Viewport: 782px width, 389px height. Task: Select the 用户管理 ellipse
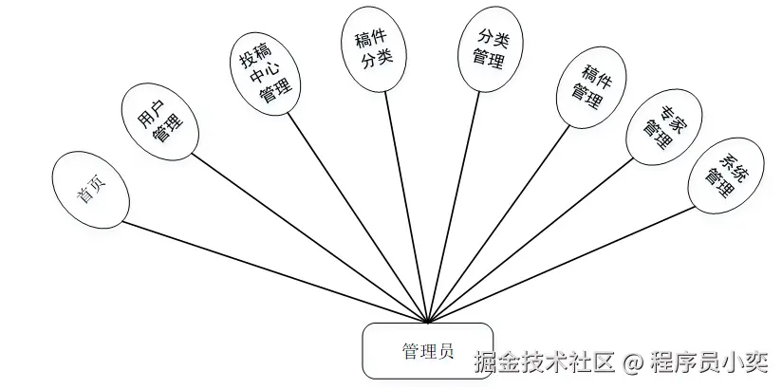159,119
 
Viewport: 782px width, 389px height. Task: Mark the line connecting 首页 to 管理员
275,272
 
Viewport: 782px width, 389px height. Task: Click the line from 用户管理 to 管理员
310,238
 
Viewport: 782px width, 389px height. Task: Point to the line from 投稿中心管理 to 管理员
358,217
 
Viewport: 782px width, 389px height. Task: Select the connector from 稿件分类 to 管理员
407,206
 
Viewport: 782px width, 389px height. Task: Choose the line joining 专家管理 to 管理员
531,239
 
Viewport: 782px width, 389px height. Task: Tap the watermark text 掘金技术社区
545,361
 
